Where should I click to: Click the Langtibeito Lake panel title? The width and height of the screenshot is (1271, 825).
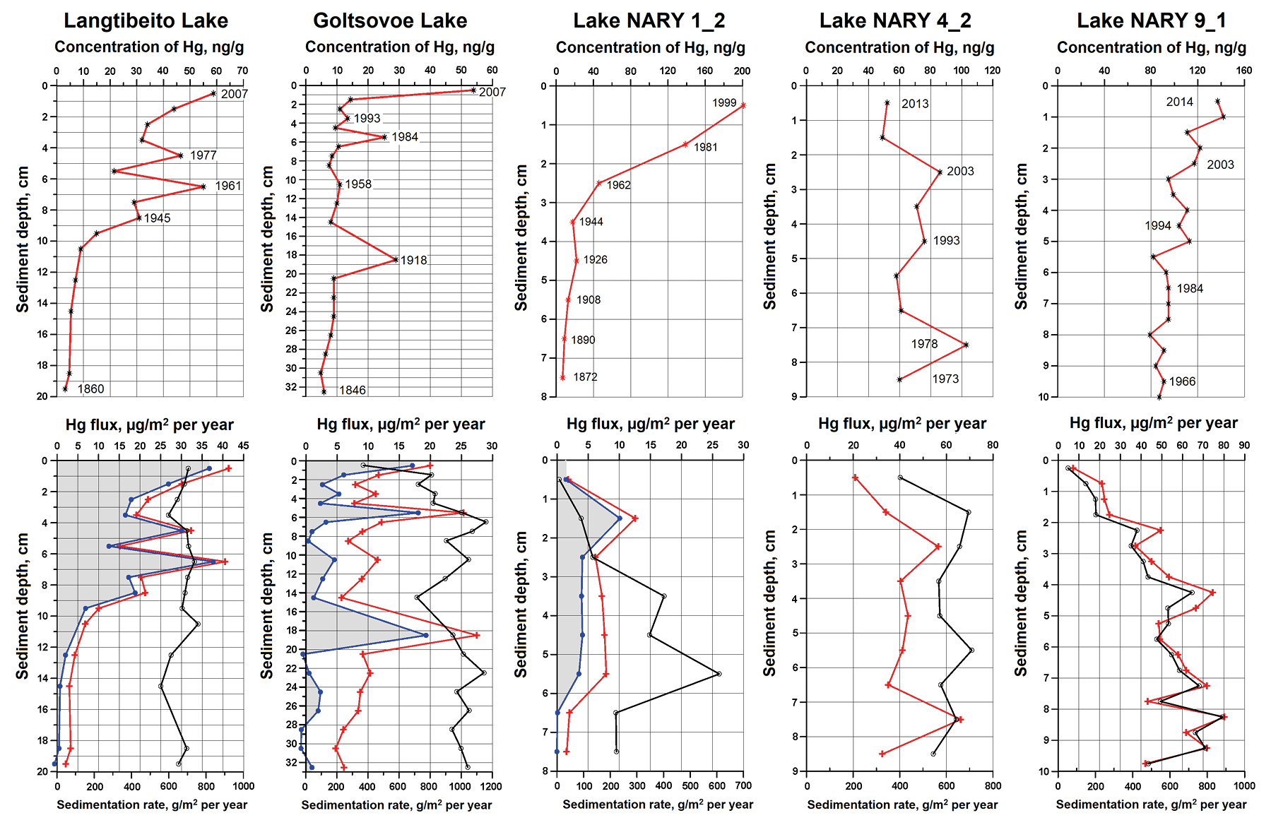(146, 20)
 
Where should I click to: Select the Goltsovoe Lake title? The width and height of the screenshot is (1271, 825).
(390, 20)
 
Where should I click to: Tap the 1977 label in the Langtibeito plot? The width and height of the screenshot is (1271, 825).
(203, 155)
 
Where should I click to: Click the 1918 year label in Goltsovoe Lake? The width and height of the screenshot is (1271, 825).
(413, 261)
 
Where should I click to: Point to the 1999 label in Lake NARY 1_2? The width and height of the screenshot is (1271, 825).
(724, 103)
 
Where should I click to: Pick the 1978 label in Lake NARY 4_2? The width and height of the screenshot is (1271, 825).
(924, 344)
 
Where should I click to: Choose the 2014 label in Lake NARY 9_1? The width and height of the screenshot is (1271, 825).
(1179, 102)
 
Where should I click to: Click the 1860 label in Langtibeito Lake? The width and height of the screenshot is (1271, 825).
(90, 389)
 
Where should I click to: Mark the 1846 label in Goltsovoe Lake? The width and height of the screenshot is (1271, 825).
(352, 391)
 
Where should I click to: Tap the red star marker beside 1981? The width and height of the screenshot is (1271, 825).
(685, 144)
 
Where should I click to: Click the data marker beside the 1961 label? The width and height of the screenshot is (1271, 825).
(203, 186)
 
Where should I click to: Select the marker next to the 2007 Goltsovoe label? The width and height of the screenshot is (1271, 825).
(473, 90)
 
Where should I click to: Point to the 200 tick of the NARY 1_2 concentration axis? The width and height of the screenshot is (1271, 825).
(742, 71)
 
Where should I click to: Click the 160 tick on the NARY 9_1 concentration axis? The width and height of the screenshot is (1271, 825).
(1244, 71)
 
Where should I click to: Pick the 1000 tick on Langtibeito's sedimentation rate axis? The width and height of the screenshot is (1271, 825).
(243, 786)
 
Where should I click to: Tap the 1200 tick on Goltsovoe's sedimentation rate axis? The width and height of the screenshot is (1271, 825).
(492, 786)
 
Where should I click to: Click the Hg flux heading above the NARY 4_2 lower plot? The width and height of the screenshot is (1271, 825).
(901, 424)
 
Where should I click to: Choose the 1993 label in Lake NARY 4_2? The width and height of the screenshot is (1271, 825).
(946, 241)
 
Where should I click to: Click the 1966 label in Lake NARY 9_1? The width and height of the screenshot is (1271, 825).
(1182, 381)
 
